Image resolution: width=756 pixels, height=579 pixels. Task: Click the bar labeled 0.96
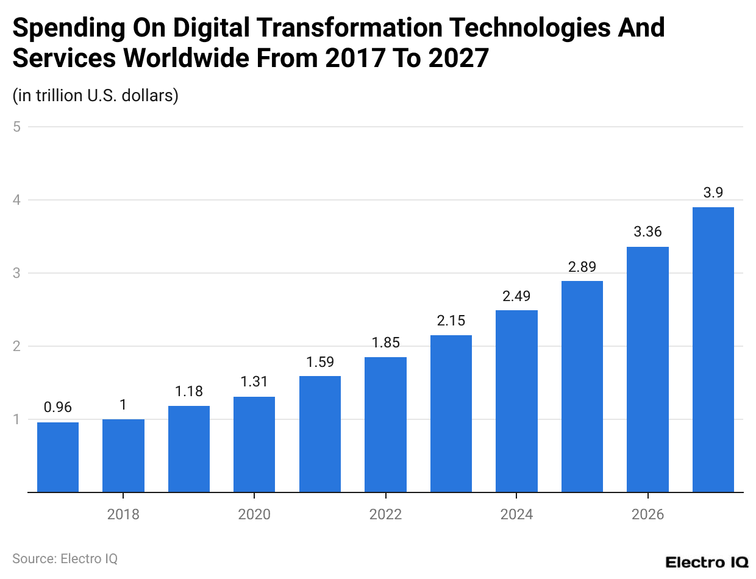58,457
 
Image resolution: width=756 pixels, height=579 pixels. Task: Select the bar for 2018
123,455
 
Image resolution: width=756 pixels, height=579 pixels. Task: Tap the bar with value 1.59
320,434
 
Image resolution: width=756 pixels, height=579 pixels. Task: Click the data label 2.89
582,267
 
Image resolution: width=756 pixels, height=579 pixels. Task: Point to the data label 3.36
647,232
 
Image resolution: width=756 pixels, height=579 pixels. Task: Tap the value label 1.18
189,391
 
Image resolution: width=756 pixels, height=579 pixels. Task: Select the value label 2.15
451,321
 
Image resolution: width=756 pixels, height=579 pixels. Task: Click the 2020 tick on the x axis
254,514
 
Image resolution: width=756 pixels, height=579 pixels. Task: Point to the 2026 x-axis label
647,514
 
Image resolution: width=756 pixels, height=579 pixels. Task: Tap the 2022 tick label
385,514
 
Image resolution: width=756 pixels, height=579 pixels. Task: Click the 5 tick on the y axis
17,127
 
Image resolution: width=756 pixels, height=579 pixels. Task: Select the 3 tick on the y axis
17,273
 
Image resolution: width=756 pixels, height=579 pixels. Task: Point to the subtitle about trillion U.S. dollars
95,96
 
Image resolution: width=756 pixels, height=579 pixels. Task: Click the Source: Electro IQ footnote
65,558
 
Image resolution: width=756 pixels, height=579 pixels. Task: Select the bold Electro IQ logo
707,562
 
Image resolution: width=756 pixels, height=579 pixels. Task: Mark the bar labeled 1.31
254,444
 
